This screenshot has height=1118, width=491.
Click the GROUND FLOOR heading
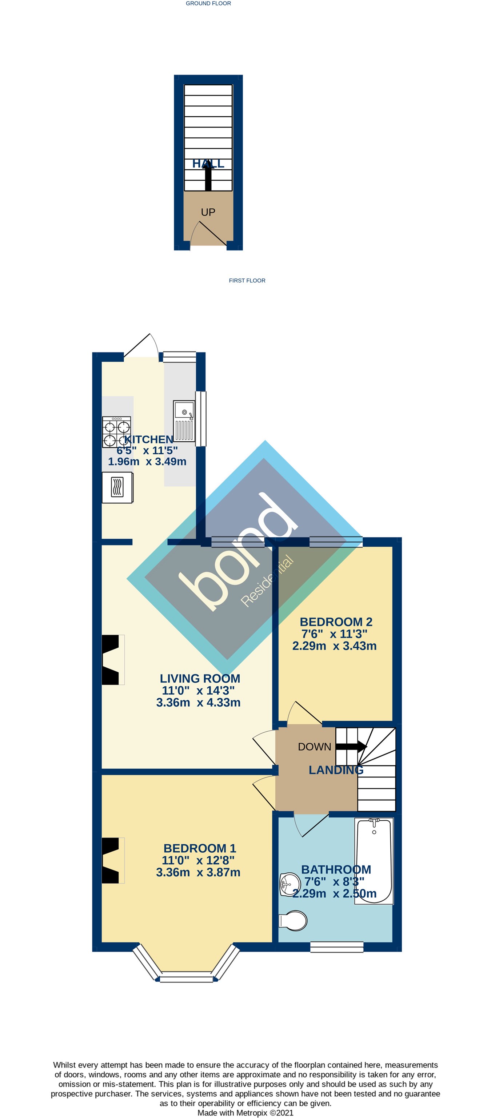click(208, 4)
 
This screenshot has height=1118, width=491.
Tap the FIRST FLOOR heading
click(247, 280)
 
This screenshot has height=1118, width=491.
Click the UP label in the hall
click(208, 212)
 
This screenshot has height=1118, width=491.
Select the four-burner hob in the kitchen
click(116, 432)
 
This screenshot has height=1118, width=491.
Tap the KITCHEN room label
click(148, 439)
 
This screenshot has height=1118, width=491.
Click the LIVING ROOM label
click(200, 678)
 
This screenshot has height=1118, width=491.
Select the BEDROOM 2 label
click(336, 622)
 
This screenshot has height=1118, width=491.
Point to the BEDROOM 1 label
click(200, 848)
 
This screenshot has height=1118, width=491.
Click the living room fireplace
click(111, 660)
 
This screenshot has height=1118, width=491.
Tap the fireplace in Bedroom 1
click(111, 860)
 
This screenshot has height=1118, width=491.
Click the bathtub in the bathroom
click(374, 861)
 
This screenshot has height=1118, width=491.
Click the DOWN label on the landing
click(314, 747)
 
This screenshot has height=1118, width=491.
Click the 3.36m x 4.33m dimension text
click(198, 702)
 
